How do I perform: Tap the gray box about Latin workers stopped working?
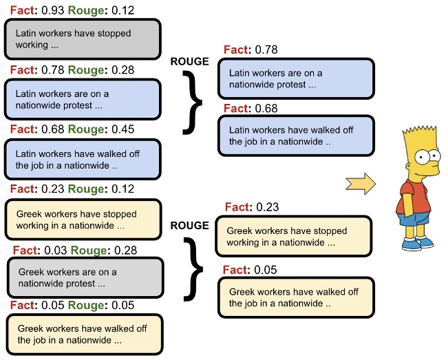click(x=82, y=39)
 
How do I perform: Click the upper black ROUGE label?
click(x=189, y=62)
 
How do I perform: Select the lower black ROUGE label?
click(x=189, y=226)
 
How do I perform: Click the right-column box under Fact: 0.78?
click(x=296, y=78)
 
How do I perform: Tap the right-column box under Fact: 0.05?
click(x=296, y=297)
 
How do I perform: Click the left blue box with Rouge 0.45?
click(x=82, y=159)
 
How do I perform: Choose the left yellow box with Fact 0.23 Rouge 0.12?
click(x=82, y=220)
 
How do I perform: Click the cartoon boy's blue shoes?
click(x=416, y=242)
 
